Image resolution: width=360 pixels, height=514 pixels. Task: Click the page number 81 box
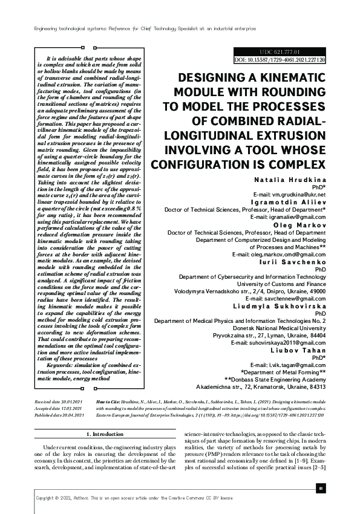pyautogui.click(x=321, y=488)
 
